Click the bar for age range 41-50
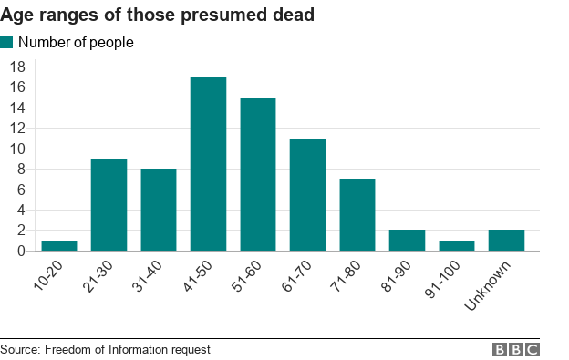[208, 164]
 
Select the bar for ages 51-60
[257, 174]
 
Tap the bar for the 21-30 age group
[109, 205]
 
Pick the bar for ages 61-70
[307, 195]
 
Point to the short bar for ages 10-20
[59, 245]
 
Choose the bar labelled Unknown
[506, 241]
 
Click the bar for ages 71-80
[357, 215]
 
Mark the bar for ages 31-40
[158, 210]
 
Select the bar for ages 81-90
[407, 241]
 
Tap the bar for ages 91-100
[456, 245]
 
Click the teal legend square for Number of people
[7, 43]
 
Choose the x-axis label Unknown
[492, 284]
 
